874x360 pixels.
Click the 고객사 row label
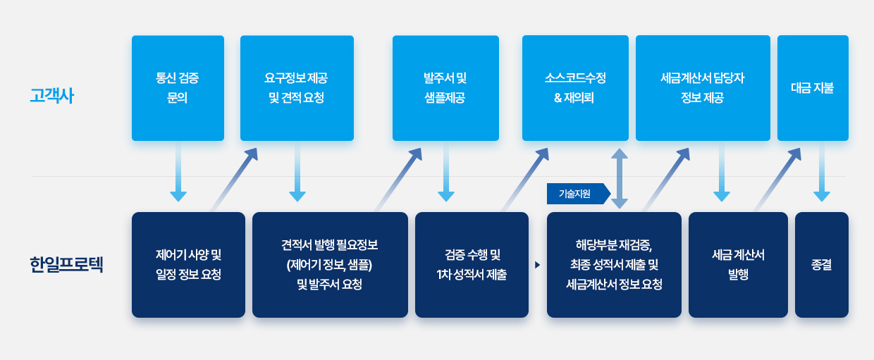click(x=52, y=96)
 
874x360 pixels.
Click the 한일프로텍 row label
click(x=66, y=264)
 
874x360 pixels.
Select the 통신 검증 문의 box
click(x=178, y=88)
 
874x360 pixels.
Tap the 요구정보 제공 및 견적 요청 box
click(x=297, y=88)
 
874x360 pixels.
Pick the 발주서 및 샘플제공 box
click(x=445, y=88)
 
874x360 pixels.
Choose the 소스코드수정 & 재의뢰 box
click(x=576, y=88)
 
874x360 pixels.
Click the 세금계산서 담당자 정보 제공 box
click(x=703, y=88)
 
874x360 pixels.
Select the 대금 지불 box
click(x=813, y=88)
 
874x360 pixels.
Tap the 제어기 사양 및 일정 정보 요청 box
click(x=188, y=265)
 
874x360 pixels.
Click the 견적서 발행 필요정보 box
click(x=330, y=265)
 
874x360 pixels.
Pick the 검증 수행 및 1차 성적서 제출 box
click(x=472, y=265)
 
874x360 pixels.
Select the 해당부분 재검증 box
click(x=614, y=265)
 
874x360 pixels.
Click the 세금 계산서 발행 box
click(x=738, y=265)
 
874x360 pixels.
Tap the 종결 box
click(x=822, y=265)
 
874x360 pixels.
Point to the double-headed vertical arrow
click(x=620, y=179)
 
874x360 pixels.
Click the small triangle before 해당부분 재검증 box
click(x=538, y=265)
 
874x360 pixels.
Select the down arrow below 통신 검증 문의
click(x=178, y=172)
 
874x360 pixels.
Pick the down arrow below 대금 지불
click(x=822, y=172)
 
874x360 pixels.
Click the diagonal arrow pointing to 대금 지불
click(x=777, y=180)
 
